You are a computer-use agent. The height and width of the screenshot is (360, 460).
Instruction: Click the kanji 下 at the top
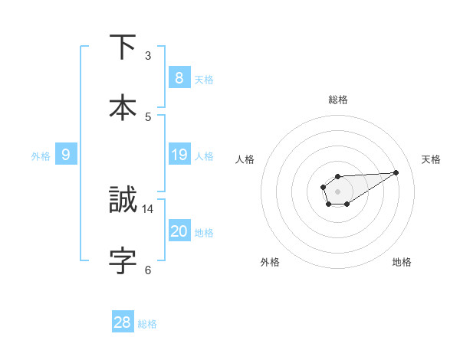pyautogui.click(x=123, y=47)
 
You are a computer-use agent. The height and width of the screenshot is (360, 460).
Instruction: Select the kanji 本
pyautogui.click(x=123, y=106)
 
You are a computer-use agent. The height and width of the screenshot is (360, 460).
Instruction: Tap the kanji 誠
pyautogui.click(x=123, y=201)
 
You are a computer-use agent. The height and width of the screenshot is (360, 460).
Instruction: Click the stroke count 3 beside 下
pyautogui.click(x=148, y=56)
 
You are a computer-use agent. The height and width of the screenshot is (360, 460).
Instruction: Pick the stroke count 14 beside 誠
pyautogui.click(x=148, y=208)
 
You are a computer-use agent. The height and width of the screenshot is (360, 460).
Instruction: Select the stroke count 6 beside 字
pyautogui.click(x=148, y=269)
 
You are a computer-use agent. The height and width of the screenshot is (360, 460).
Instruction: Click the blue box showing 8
pyautogui.click(x=179, y=78)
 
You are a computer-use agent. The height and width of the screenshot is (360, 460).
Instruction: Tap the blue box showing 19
pyautogui.click(x=179, y=155)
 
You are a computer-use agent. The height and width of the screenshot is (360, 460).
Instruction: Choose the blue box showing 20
pyautogui.click(x=179, y=231)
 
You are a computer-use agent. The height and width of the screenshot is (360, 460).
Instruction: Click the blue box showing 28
pyautogui.click(x=123, y=322)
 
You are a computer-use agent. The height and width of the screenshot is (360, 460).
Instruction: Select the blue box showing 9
pyautogui.click(x=66, y=155)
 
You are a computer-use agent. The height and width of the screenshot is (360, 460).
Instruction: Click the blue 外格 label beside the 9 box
pyautogui.click(x=41, y=156)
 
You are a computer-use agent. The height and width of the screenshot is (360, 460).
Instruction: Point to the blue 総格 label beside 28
pyautogui.click(x=147, y=324)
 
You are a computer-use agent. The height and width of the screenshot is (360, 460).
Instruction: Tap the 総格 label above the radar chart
pyautogui.click(x=337, y=100)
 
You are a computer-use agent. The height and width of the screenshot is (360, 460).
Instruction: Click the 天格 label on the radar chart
pyautogui.click(x=431, y=159)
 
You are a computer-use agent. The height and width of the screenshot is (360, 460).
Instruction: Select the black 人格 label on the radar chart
pyautogui.click(x=245, y=159)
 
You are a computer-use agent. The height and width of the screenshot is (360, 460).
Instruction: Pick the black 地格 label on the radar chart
pyautogui.click(x=402, y=262)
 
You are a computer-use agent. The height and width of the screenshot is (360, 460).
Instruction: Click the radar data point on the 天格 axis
pyautogui.click(x=396, y=172)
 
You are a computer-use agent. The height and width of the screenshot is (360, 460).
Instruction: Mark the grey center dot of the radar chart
pyautogui.click(x=337, y=191)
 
